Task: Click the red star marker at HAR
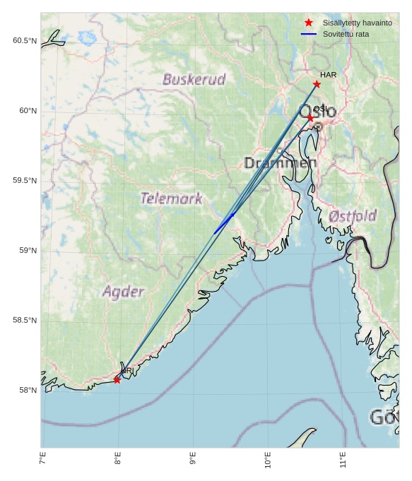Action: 317,84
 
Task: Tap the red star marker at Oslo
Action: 310,118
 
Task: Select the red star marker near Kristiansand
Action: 117,380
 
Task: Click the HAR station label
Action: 328,75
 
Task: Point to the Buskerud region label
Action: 194,79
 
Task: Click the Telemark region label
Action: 171,198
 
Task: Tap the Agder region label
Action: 124,291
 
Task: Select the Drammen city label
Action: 280,163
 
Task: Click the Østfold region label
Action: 353,216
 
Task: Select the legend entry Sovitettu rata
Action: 346,34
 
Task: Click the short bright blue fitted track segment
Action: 224,222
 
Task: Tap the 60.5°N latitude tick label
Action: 24,41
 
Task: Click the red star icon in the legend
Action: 309,23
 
